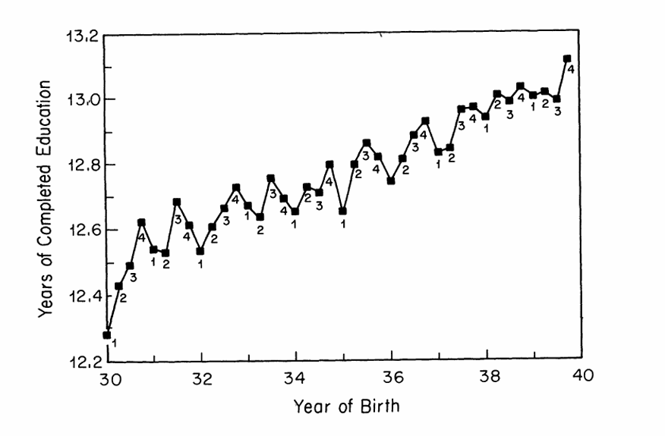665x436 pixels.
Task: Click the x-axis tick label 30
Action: (x=108, y=377)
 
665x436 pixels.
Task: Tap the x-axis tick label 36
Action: (x=391, y=377)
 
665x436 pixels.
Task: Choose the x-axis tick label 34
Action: (x=296, y=377)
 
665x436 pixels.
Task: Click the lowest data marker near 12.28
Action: (x=107, y=334)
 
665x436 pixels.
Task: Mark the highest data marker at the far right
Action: (x=567, y=58)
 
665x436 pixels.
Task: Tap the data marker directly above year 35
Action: (x=343, y=211)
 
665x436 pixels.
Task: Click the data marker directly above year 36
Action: (x=391, y=180)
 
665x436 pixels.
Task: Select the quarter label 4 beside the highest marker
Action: (x=571, y=70)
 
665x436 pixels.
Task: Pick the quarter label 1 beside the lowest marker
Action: (x=114, y=343)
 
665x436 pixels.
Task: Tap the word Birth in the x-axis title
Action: (x=380, y=406)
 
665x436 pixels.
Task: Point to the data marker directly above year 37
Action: (x=438, y=152)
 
